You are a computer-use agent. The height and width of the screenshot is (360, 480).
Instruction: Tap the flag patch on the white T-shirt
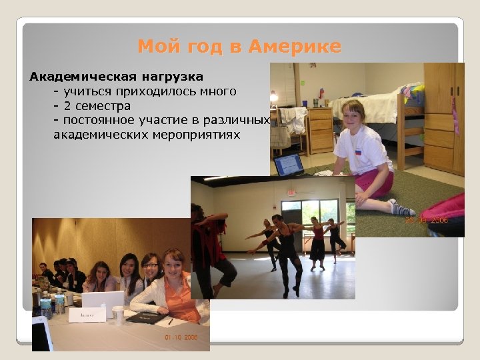click(x=359, y=152)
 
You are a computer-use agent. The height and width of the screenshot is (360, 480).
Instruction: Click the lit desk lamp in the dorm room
click(x=274, y=97)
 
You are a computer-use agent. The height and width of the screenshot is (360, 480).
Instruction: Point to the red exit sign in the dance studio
click(x=291, y=192)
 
